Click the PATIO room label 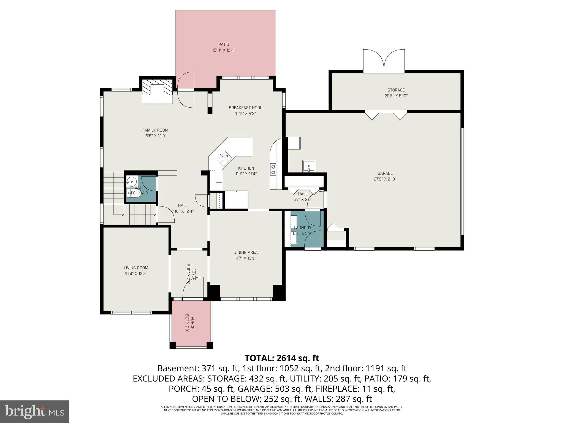224,44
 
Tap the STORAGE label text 396,90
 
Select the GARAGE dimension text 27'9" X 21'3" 385,179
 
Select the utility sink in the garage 308,166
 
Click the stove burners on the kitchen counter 273,169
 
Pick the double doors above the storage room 384,60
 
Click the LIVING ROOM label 136,268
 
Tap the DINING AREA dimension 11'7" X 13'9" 245,258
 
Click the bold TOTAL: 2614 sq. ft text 282,358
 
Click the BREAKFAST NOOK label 245,108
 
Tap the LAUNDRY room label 302,228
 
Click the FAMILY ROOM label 155,130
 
